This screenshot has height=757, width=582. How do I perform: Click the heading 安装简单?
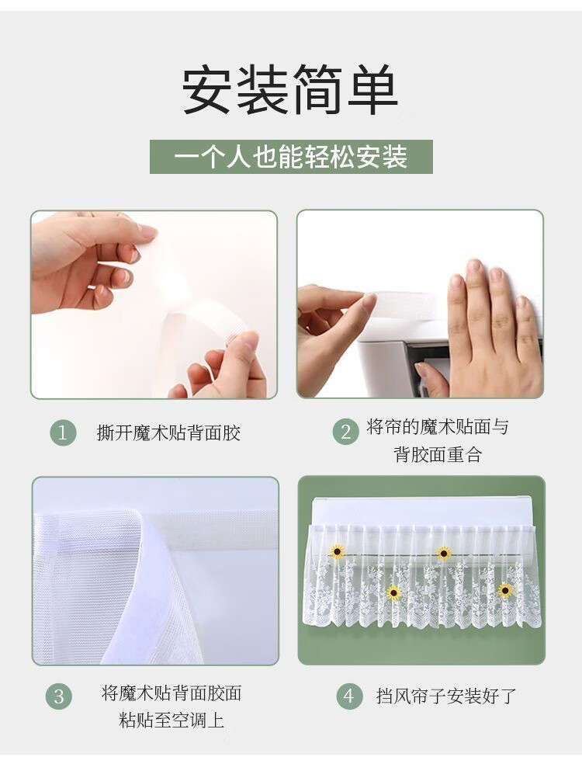coord(290,90)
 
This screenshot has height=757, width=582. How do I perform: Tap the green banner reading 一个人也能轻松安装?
coord(291,157)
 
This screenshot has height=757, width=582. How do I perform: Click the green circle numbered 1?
coord(63,432)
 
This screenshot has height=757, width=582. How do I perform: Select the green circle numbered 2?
coord(345,431)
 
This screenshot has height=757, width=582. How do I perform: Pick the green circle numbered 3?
coord(59,696)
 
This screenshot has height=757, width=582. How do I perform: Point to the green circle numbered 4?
coord(349,696)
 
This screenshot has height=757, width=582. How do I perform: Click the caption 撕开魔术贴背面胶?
coord(168,432)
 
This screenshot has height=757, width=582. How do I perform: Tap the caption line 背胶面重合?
coord(438,454)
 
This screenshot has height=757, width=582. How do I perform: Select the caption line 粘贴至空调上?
coord(171,721)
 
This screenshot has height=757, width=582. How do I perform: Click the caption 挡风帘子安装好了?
coord(446,696)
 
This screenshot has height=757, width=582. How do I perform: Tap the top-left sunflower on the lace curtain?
coord(337,550)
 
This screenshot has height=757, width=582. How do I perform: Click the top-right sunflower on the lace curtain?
coord(444,554)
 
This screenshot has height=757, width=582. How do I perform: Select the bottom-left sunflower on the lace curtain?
coord(393,592)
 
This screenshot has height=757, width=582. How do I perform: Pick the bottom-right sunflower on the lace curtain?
coord(505,590)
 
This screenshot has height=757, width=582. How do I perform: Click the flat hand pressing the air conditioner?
coord(487,328)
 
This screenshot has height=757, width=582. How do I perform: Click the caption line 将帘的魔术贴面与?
coord(438,427)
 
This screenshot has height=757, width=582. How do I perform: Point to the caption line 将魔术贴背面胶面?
coord(171,693)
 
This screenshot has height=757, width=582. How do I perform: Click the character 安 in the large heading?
coord(208,90)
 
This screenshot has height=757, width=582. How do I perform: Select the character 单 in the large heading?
coord(372,90)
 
